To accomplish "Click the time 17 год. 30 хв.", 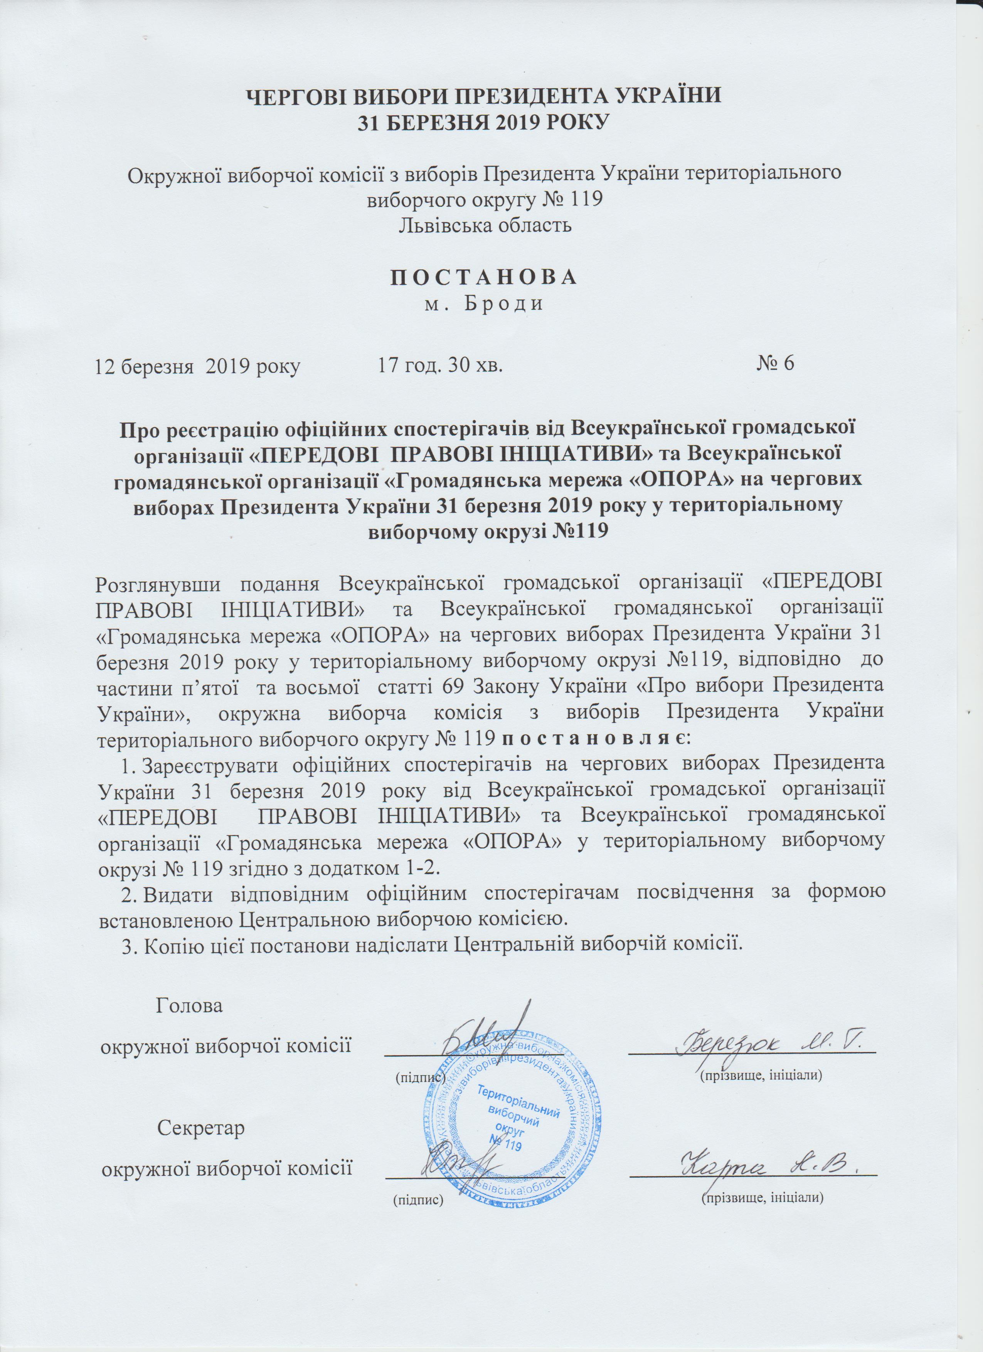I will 441,364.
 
